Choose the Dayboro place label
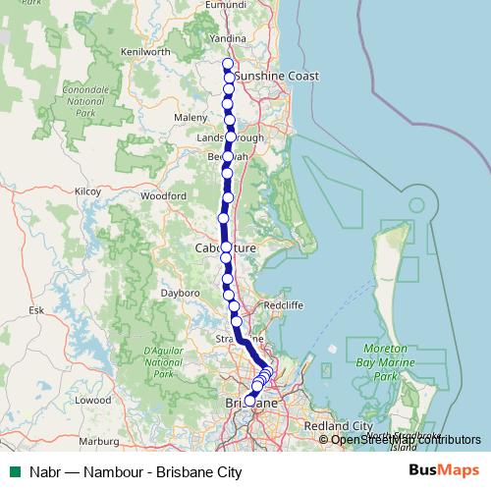pyautogui.click(x=181, y=293)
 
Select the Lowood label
pyautogui.click(x=93, y=400)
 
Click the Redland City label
pyautogui.click(x=339, y=425)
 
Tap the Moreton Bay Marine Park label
pyautogui.click(x=378, y=362)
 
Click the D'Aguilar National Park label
pyautogui.click(x=163, y=361)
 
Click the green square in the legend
pyautogui.click(x=12, y=471)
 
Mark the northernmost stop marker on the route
pyautogui.click(x=228, y=64)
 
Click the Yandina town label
pyautogui.click(x=229, y=39)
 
